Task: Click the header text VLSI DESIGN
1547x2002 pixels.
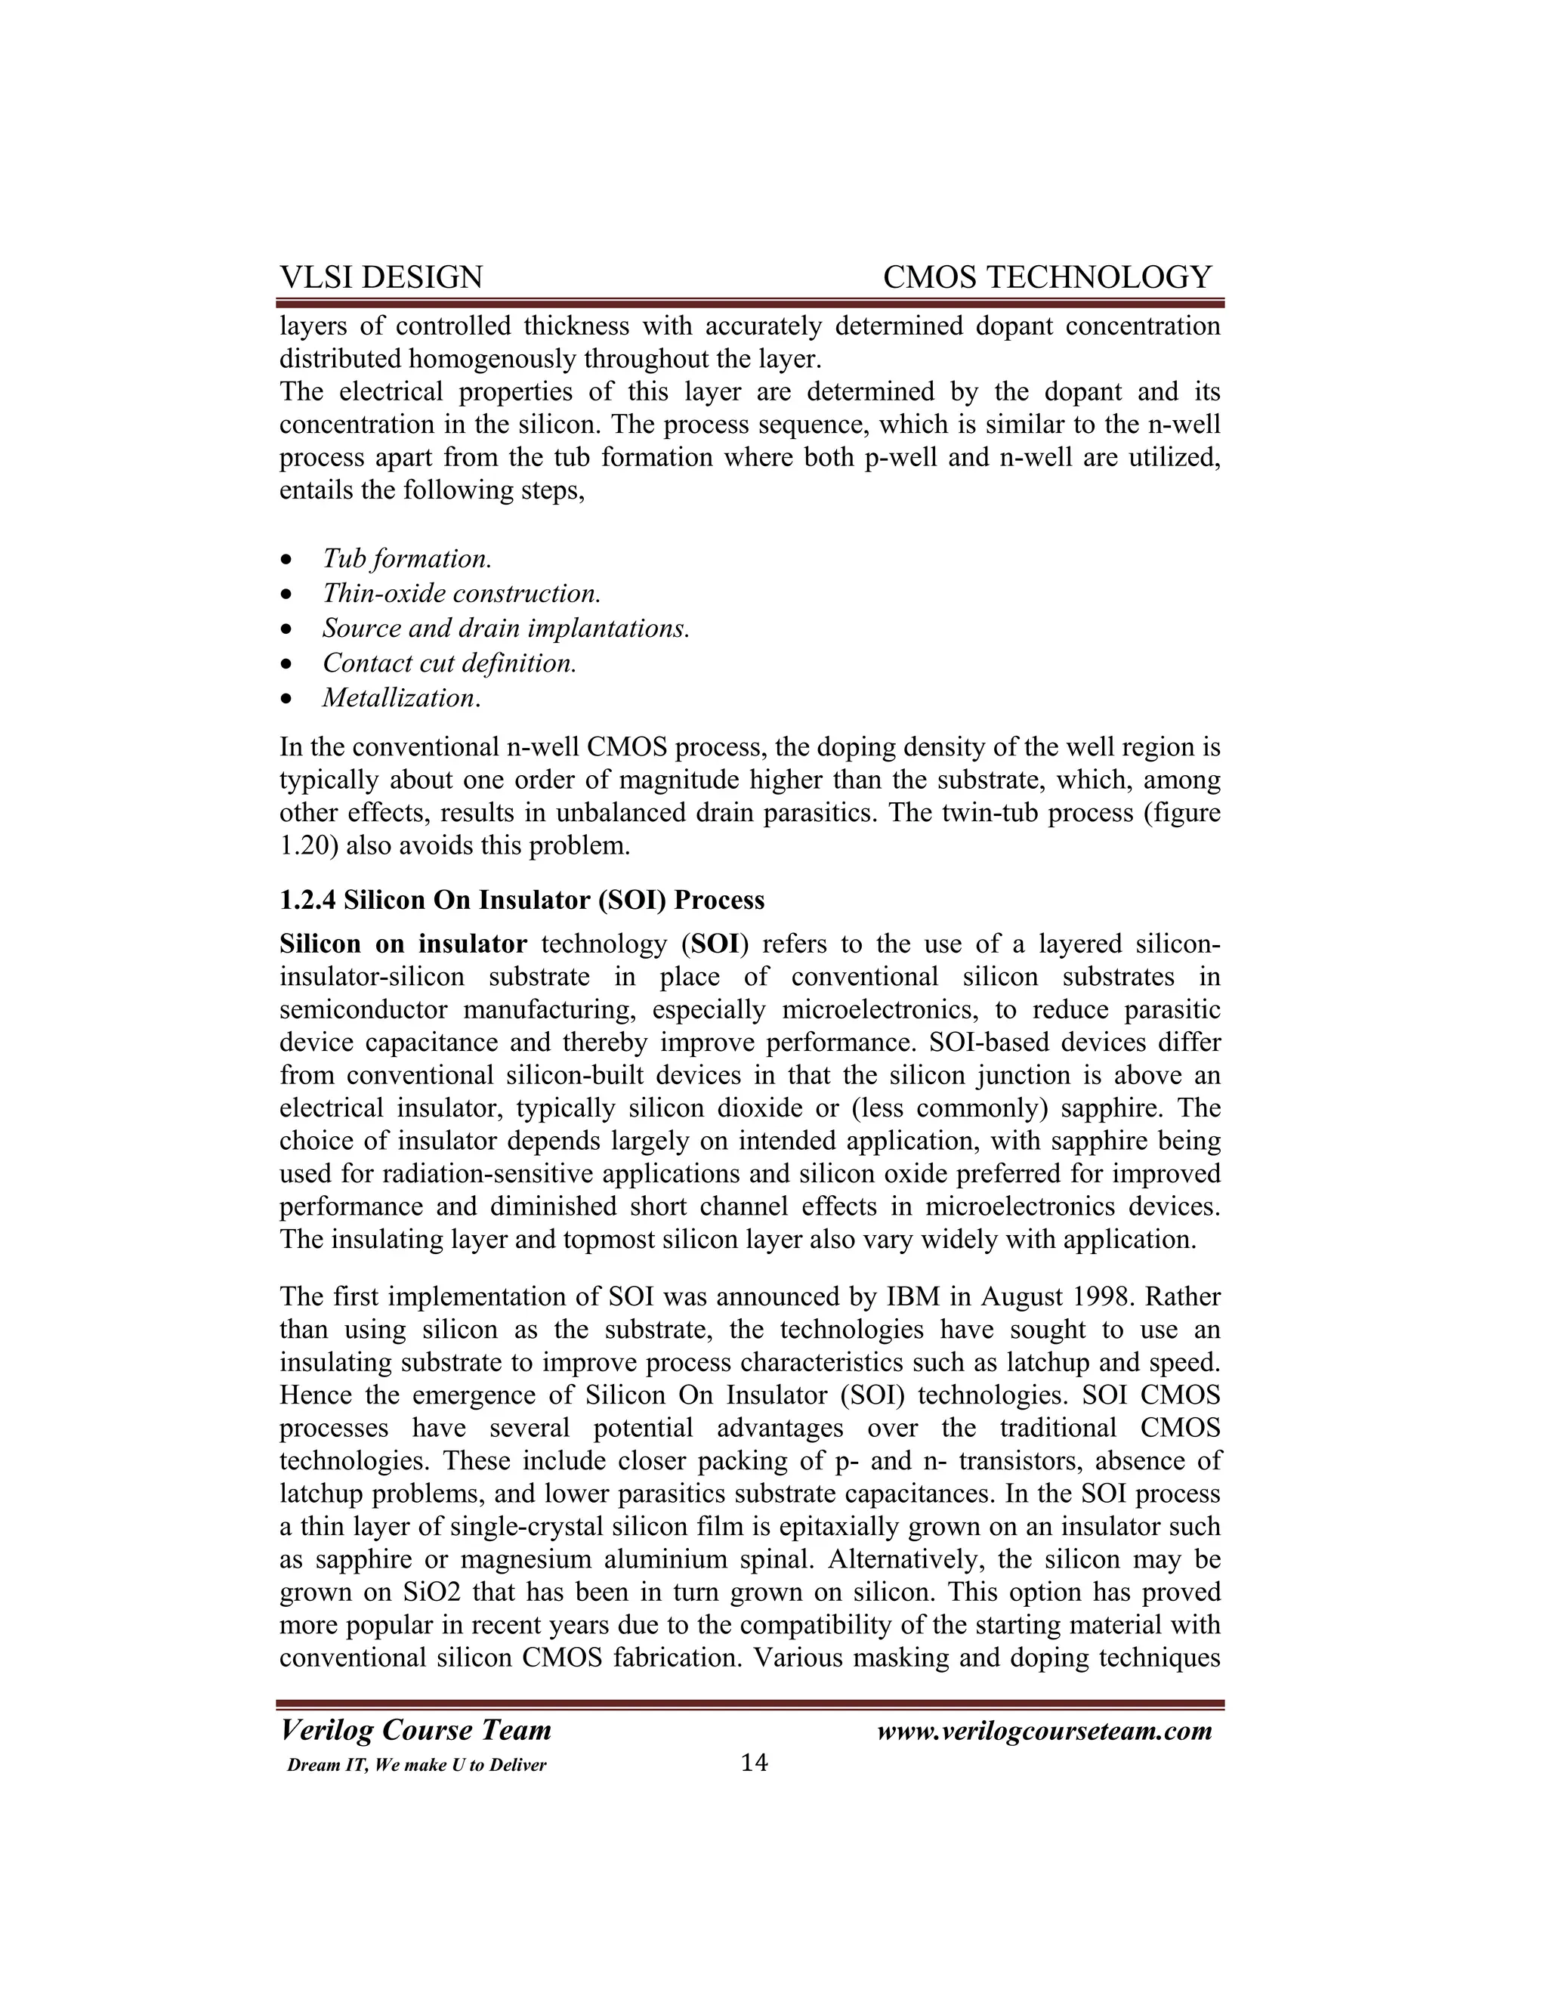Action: coord(381,277)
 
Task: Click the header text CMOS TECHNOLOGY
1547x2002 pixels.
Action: coord(1047,277)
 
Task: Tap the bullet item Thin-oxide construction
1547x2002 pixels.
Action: coord(461,593)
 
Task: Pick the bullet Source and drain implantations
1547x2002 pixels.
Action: coord(505,628)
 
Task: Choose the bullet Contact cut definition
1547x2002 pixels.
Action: coord(449,663)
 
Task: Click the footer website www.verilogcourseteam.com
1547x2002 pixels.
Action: coord(1044,1731)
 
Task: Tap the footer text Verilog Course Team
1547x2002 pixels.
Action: coord(415,1730)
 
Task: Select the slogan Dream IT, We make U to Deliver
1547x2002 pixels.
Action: coord(416,1766)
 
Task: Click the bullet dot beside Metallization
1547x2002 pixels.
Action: coord(288,700)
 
